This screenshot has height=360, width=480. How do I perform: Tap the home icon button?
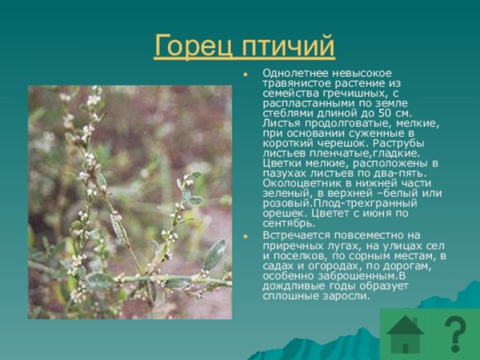(406, 335)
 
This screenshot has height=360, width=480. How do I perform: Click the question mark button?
(454, 335)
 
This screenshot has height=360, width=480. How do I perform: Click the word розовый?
(284, 203)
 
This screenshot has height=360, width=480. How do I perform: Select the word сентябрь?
(288, 223)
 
